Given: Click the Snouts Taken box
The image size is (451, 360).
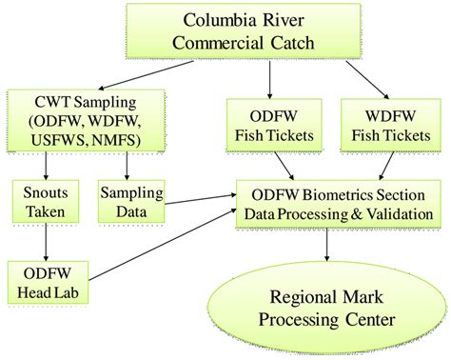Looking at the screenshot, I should click(37, 200).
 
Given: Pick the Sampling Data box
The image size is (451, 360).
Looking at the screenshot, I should click(126, 200).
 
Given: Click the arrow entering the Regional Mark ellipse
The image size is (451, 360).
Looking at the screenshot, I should click(328, 244).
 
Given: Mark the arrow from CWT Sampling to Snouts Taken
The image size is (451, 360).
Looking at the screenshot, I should click(37, 165).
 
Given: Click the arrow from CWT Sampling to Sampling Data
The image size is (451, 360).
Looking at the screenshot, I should click(126, 165).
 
